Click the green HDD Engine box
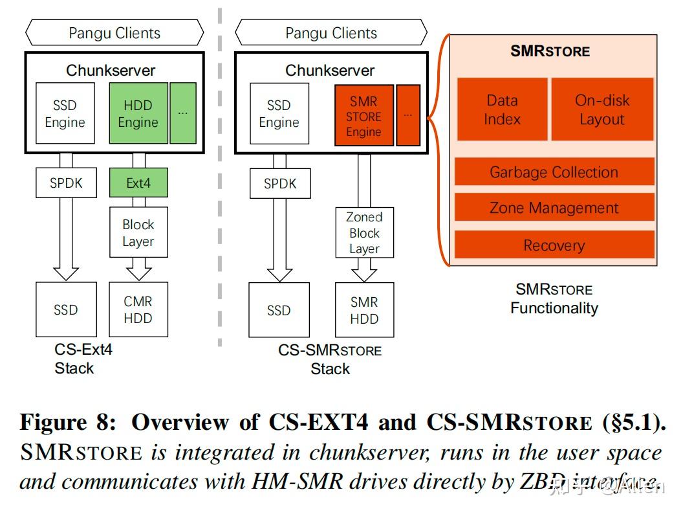click(x=137, y=113)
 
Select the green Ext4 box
click(x=138, y=183)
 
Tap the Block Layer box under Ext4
click(x=138, y=233)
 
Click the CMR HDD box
click(x=138, y=309)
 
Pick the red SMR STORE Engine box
click(x=363, y=116)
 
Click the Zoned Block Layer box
click(x=364, y=233)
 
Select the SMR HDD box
click(x=364, y=310)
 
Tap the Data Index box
click(x=502, y=109)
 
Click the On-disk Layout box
click(x=602, y=109)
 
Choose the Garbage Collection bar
click(x=554, y=172)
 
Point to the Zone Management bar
click(x=554, y=208)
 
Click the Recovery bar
click(x=554, y=245)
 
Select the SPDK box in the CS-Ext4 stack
click(x=65, y=183)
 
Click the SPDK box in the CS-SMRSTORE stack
click(x=279, y=183)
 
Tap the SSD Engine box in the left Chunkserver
click(x=65, y=113)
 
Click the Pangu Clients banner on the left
click(x=114, y=33)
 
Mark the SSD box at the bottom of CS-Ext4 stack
click(x=65, y=309)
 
